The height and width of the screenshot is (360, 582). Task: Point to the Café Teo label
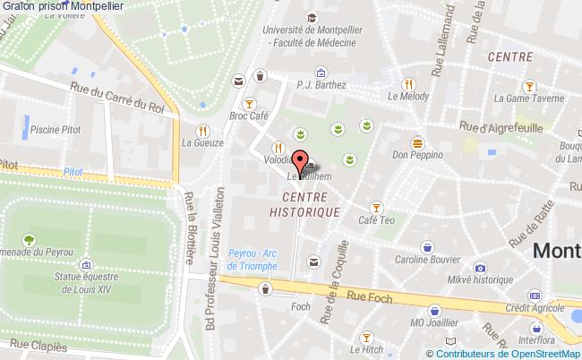click(x=376, y=220)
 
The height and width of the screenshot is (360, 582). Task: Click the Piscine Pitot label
click(x=55, y=130)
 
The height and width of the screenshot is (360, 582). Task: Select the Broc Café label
click(x=249, y=116)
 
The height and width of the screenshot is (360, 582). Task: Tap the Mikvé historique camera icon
click(x=480, y=267)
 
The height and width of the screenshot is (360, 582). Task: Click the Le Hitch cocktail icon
click(x=365, y=337)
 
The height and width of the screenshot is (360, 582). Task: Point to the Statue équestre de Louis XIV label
click(x=86, y=285)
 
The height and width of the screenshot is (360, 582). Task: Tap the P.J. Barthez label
click(x=320, y=86)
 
